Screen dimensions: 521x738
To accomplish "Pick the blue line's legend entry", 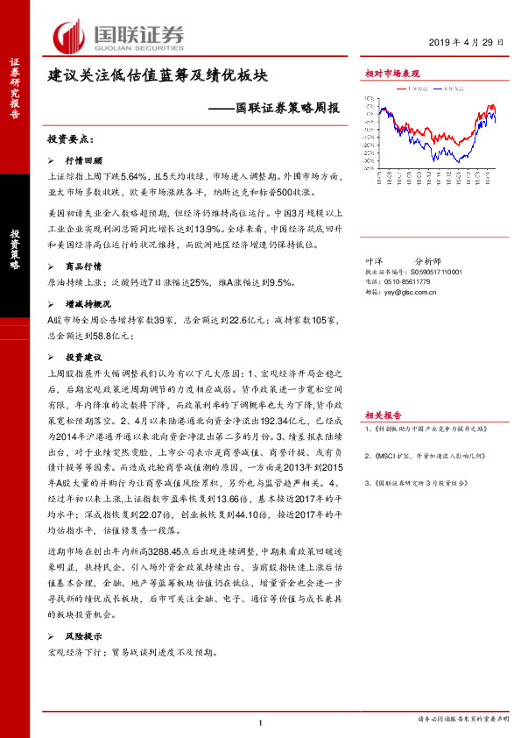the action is [454, 89].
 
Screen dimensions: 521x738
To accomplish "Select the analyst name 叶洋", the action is [373, 261].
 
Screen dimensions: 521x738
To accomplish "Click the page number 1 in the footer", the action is [260, 720].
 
